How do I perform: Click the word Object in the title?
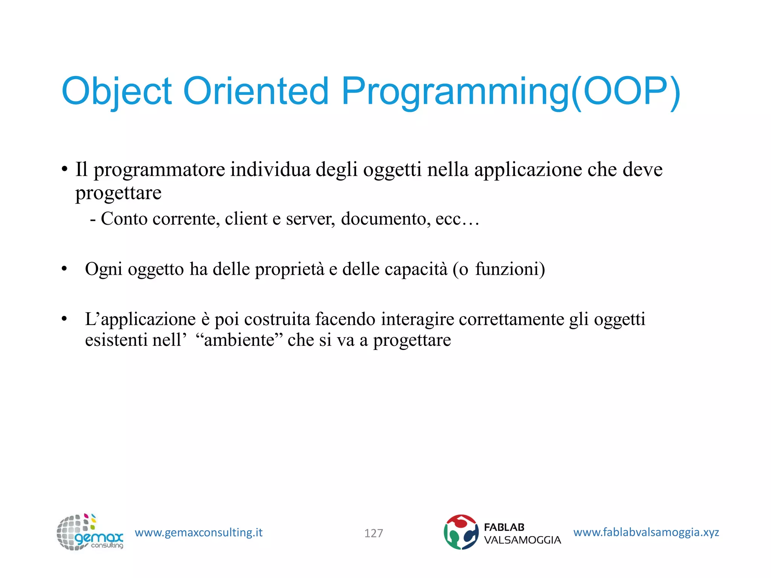click(x=116, y=91)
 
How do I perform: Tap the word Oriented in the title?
click(x=256, y=91)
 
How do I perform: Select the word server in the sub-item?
click(x=310, y=219)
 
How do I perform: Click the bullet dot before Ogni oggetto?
click(x=64, y=269)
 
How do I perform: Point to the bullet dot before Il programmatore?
click(x=64, y=169)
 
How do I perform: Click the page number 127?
click(x=373, y=533)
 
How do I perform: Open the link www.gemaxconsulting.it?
click(x=198, y=532)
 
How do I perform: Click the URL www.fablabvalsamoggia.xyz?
click(x=646, y=532)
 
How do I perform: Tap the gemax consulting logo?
click(x=90, y=532)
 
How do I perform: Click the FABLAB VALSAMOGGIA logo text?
click(x=522, y=534)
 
